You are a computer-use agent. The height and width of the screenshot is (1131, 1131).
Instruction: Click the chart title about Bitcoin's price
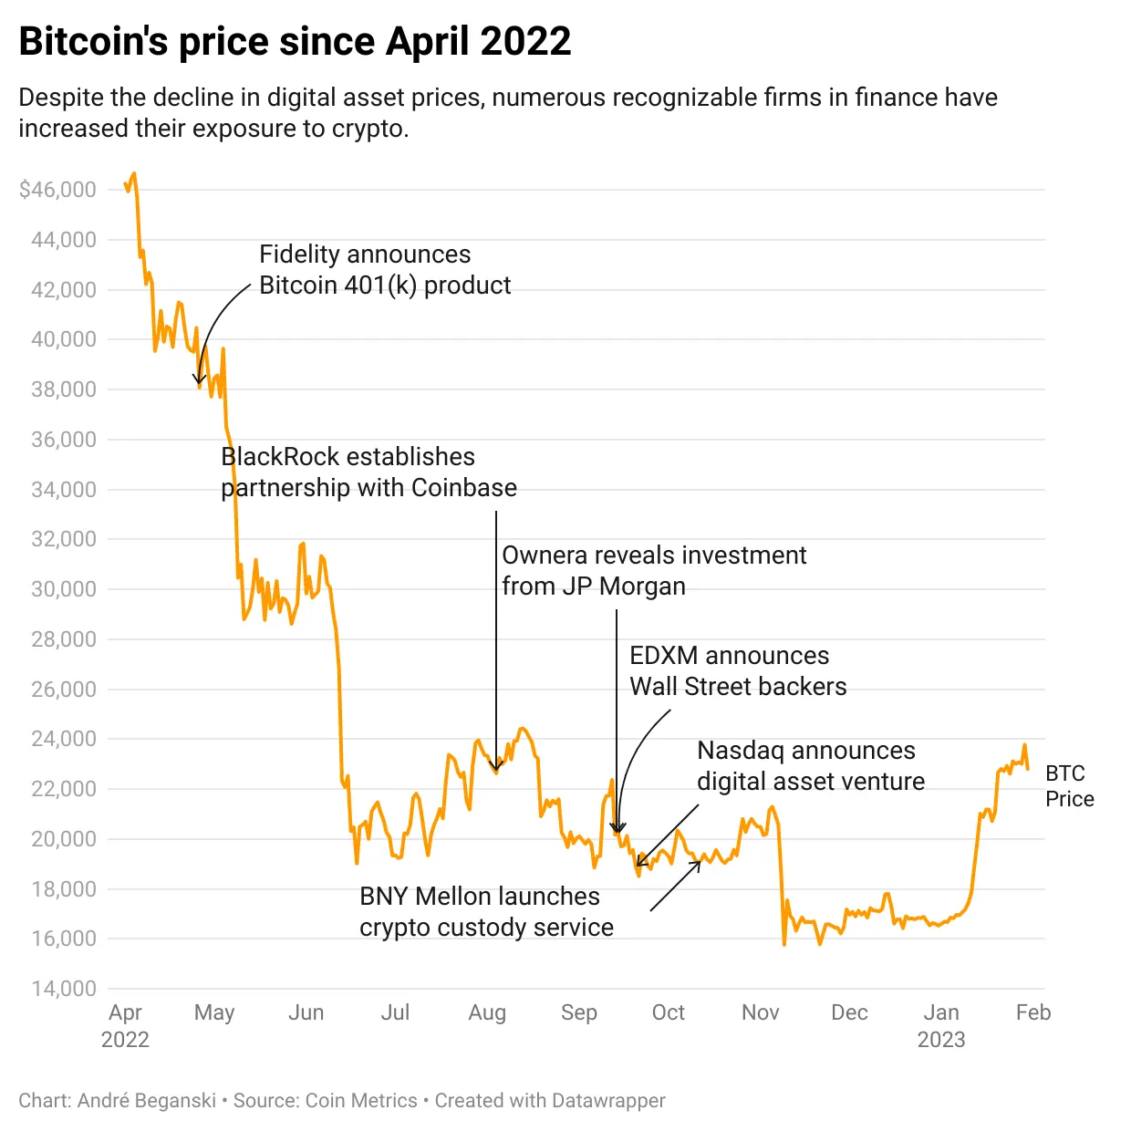point(295,42)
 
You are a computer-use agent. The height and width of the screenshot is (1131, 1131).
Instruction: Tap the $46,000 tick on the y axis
point(57,190)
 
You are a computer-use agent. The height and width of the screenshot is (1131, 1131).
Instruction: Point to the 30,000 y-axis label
point(64,589)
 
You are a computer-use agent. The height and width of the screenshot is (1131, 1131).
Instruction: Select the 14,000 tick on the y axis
point(64,989)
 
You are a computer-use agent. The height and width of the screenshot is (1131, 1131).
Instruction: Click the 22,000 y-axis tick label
point(64,789)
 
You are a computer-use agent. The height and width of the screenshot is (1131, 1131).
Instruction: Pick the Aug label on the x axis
point(487,1012)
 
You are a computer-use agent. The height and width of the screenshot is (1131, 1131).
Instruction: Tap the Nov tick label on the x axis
point(760,1012)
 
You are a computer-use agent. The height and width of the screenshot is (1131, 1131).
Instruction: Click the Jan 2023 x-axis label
point(941,1025)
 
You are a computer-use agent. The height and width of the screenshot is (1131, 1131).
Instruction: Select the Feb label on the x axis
point(1033,1012)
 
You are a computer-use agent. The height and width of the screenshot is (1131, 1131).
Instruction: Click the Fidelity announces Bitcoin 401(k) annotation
point(384,270)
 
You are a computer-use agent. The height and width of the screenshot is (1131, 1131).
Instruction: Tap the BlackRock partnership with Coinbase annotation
point(368,472)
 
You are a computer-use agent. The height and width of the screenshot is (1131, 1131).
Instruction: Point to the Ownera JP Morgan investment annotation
point(653,571)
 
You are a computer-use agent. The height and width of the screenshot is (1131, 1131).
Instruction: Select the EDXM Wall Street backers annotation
point(737,671)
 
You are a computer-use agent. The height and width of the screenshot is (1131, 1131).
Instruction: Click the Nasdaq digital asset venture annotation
point(810,766)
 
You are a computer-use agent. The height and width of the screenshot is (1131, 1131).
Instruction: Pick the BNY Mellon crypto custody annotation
point(486,912)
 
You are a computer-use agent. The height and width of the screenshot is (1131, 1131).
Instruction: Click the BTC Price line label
point(1069,786)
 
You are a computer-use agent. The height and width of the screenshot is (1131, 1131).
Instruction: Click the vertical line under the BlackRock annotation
point(496,638)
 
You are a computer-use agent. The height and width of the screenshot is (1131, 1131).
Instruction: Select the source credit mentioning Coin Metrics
point(325,1101)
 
